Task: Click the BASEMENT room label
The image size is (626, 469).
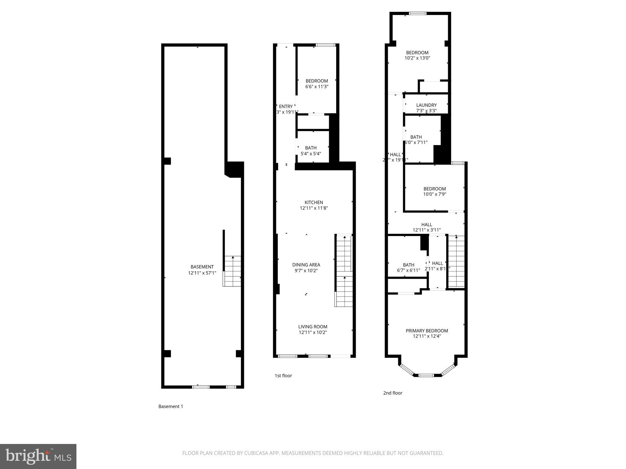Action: click(202, 267)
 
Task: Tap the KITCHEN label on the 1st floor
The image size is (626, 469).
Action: click(314, 202)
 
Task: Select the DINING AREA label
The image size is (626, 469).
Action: click(306, 265)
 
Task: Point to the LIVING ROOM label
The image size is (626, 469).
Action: click(313, 327)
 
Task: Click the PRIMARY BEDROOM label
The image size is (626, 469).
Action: click(427, 331)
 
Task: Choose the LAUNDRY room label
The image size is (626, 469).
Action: click(426, 105)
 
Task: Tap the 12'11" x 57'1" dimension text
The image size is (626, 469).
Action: click(202, 273)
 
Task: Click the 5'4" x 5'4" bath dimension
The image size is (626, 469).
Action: click(311, 154)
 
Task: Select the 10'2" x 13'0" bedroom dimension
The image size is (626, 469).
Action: click(417, 58)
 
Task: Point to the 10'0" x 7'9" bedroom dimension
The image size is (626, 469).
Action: click(434, 194)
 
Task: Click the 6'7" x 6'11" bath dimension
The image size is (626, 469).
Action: click(408, 270)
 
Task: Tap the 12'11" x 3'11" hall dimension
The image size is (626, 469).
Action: click(426, 230)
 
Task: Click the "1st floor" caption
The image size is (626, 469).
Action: click(283, 376)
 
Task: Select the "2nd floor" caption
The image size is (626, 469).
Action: click(392, 393)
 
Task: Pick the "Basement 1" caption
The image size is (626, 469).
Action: click(171, 406)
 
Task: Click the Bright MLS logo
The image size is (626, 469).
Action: click(38, 456)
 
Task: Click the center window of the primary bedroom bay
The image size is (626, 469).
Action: click(426, 375)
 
